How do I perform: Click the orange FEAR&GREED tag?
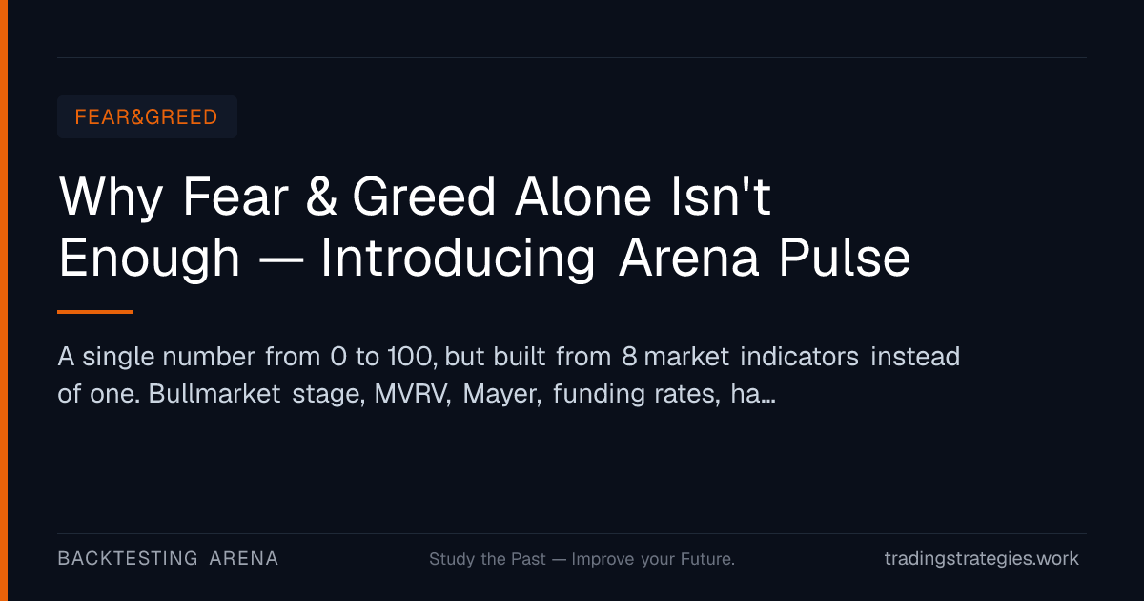click(x=147, y=117)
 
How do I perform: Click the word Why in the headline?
click(x=111, y=197)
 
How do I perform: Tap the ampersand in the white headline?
click(x=321, y=196)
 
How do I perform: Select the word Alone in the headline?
click(x=582, y=196)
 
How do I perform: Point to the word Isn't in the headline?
click(x=721, y=196)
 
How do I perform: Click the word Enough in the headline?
click(x=149, y=259)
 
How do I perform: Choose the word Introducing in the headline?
click(x=458, y=259)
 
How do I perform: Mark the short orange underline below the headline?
click(x=95, y=312)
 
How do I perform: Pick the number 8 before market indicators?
click(x=629, y=356)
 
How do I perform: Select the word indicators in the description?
click(x=799, y=356)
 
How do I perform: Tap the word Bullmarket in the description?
click(x=214, y=393)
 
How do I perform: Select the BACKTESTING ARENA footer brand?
click(x=168, y=559)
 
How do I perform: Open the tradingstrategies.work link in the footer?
click(x=982, y=559)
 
